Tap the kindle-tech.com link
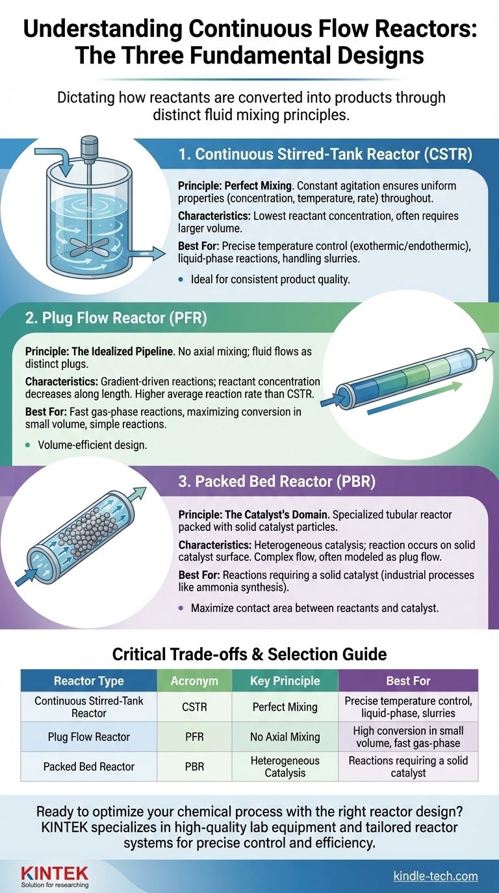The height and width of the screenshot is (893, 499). (x=435, y=876)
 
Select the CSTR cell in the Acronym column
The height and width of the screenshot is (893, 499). (x=194, y=707)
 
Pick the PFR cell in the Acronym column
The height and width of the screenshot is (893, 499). (x=194, y=737)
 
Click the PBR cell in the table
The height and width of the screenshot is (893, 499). (x=194, y=766)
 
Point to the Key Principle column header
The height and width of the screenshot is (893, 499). (x=285, y=681)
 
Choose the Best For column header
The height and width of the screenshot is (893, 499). (x=408, y=681)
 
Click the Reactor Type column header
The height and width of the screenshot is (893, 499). (x=89, y=681)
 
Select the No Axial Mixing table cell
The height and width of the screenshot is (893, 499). (x=285, y=737)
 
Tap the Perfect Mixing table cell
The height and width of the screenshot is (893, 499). (x=285, y=707)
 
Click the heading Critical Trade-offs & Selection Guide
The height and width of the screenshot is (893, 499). (x=249, y=654)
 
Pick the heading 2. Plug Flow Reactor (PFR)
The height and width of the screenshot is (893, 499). (x=116, y=318)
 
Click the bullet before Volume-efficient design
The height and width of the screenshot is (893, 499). (x=27, y=445)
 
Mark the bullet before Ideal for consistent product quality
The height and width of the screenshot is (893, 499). (x=181, y=280)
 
